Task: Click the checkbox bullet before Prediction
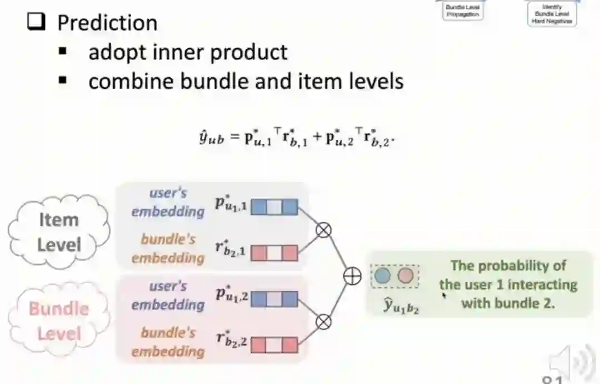pyautogui.click(x=37, y=23)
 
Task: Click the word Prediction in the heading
pyautogui.click(x=107, y=23)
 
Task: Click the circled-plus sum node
pyautogui.click(x=352, y=276)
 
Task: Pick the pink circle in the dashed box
pyautogui.click(x=406, y=276)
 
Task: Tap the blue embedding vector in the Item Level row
pyautogui.click(x=274, y=208)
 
